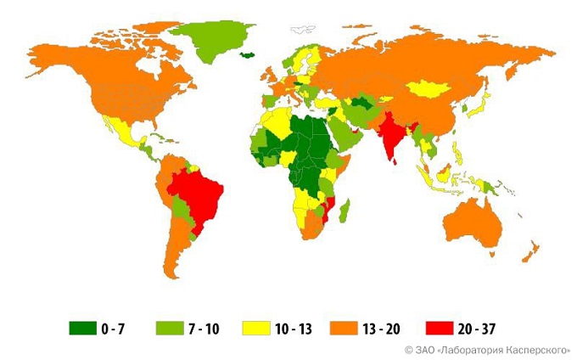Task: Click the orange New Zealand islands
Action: (533, 250)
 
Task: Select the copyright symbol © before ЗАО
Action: (408, 349)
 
